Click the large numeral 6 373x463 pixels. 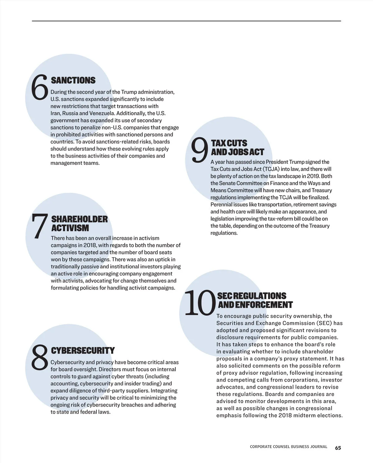tap(40, 88)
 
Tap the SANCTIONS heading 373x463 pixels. tap(73, 80)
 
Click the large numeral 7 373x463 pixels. tap(40, 226)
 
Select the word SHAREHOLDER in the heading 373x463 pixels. tap(80, 219)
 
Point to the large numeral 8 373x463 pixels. tap(40, 358)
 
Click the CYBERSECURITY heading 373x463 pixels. tap(83, 351)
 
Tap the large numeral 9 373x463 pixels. tap(199, 150)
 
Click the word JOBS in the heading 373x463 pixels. tap(238, 152)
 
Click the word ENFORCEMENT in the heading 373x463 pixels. tap(264, 305)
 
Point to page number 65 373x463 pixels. tap(338, 448)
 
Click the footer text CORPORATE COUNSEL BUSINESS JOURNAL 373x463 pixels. tap(288, 447)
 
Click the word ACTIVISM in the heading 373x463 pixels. tap(70, 228)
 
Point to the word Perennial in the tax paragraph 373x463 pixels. tap(222, 205)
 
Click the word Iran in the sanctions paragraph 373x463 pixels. tap(55, 113)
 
